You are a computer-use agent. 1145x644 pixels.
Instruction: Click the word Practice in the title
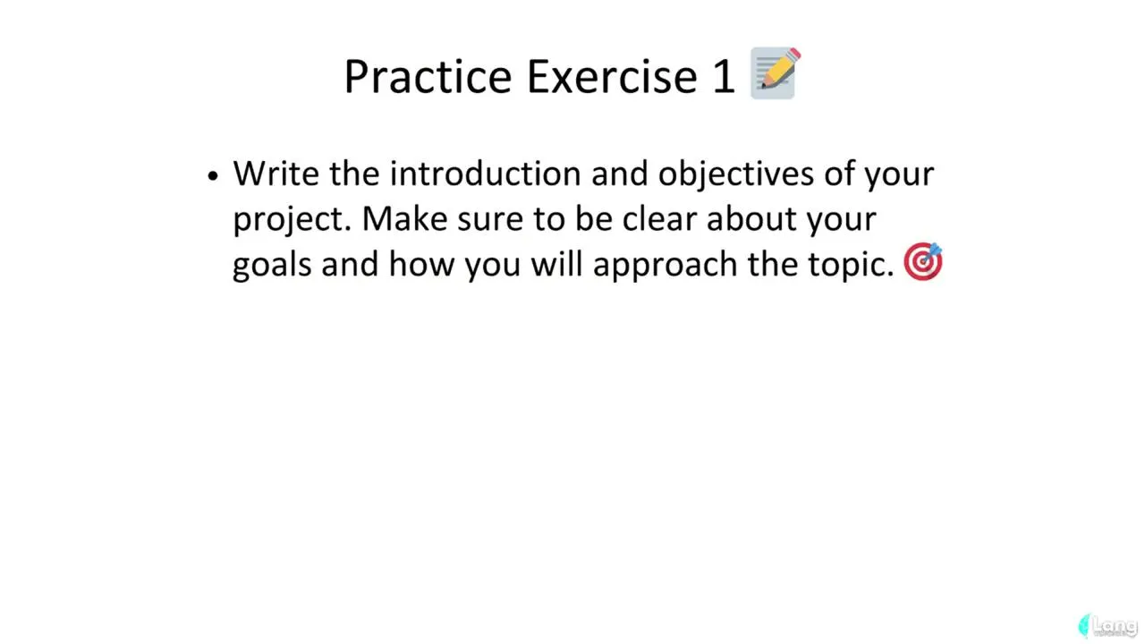point(428,77)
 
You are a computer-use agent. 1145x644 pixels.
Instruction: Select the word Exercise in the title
point(612,77)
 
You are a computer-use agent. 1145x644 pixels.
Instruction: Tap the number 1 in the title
point(724,77)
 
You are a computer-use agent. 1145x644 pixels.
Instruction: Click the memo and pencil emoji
point(775,72)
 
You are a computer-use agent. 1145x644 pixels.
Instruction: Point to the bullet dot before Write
point(213,176)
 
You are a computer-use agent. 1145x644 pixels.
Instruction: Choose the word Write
point(276,174)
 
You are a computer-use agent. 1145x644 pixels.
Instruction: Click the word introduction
point(485,174)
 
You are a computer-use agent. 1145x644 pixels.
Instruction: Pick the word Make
point(404,218)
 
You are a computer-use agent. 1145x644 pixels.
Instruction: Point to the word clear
point(659,218)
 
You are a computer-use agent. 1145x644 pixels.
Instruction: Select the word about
point(751,218)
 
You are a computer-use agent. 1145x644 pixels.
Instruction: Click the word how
point(421,264)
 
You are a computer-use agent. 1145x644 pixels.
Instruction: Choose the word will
point(557,264)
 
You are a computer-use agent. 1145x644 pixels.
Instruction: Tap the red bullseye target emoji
point(923,261)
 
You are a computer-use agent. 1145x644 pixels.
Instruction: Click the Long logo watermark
point(1107,626)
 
